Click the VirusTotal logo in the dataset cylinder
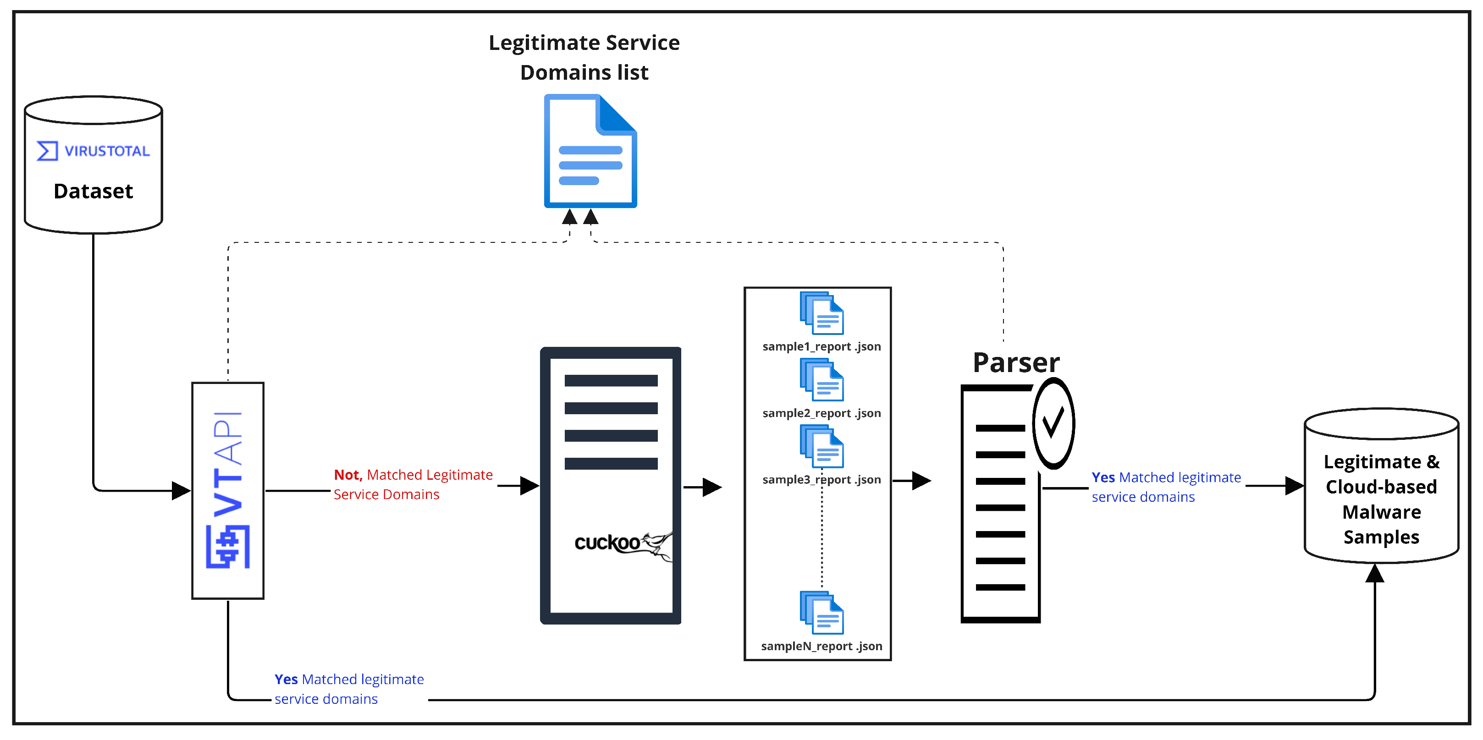coord(93,151)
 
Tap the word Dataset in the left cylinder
coord(93,191)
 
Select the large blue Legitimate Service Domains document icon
coord(590,151)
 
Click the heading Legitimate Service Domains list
coord(584,58)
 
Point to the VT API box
coord(228,491)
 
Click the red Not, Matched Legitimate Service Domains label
coord(413,484)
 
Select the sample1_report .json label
coord(821,346)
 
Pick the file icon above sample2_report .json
coord(821,380)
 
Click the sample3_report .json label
coord(821,479)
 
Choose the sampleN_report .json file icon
coord(821,613)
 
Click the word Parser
coord(1016,362)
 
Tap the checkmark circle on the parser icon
coord(1053,423)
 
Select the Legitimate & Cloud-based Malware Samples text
coord(1381,499)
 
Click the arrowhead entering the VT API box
coord(182,491)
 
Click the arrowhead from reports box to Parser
coord(922,481)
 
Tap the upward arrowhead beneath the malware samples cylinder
coord(1375,573)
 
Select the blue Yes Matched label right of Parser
coord(1166,487)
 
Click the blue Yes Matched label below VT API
coord(349,689)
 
